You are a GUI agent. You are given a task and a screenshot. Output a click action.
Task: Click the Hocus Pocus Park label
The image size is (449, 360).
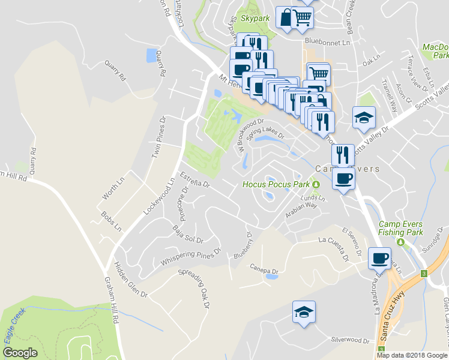tap(276, 184)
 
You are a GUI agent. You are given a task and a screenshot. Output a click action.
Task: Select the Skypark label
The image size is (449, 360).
tap(255, 19)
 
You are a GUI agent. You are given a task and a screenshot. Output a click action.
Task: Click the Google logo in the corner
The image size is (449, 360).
tap(20, 353)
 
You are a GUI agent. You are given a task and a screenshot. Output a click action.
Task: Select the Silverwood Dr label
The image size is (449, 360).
tap(350, 340)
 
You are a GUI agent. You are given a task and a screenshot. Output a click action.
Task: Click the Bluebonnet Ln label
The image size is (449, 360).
tap(327, 43)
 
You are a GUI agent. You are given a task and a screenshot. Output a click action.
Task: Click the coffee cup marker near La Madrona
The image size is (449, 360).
tap(379, 258)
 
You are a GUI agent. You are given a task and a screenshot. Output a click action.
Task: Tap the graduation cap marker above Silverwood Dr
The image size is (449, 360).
tap(304, 312)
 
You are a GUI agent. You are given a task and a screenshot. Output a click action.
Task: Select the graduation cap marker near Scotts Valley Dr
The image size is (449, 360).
tap(364, 118)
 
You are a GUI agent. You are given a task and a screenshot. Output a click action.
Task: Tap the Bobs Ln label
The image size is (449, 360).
tap(112, 222)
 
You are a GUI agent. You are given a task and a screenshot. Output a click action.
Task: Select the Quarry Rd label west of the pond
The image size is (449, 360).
tap(115, 70)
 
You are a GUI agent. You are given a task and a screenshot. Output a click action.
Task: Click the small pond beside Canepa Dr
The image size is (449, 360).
tap(271, 277)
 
